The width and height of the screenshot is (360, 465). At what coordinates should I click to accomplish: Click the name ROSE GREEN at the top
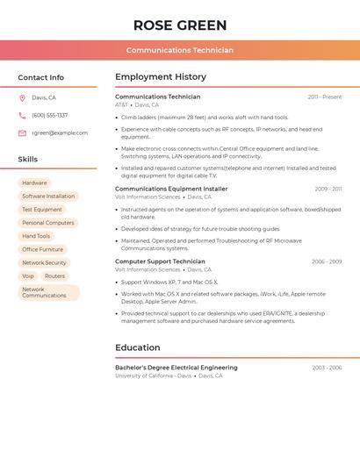[179, 25]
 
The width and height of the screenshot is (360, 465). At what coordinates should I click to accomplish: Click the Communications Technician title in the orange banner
[179, 50]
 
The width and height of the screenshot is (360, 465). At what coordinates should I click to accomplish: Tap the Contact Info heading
[41, 77]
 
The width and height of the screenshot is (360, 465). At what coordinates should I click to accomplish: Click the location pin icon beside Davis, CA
[22, 98]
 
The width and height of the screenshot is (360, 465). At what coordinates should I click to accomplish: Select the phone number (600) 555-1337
[49, 115]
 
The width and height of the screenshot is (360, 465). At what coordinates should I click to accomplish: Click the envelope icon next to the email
[22, 133]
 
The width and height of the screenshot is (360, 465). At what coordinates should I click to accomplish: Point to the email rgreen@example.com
[60, 133]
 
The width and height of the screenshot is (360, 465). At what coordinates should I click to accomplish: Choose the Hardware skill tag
[34, 183]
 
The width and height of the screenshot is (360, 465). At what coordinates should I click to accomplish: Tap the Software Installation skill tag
[48, 197]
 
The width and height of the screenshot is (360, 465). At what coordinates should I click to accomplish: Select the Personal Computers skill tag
[47, 223]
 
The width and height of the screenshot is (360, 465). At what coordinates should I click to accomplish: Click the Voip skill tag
[28, 275]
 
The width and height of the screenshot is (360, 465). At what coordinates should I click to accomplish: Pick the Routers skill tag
[54, 275]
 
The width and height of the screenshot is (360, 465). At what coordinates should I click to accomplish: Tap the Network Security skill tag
[44, 262]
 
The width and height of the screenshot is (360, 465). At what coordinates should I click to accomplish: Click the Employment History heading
[161, 77]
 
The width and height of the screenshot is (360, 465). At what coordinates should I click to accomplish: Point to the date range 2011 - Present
[324, 97]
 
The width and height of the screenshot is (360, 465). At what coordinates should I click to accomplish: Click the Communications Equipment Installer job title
[171, 189]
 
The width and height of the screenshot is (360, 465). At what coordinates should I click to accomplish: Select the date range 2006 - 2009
[326, 261]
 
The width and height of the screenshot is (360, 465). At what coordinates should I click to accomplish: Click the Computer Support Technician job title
[160, 261]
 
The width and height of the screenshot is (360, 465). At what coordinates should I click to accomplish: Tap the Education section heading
[138, 347]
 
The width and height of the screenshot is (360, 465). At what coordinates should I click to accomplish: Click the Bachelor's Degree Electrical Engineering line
[176, 368]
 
